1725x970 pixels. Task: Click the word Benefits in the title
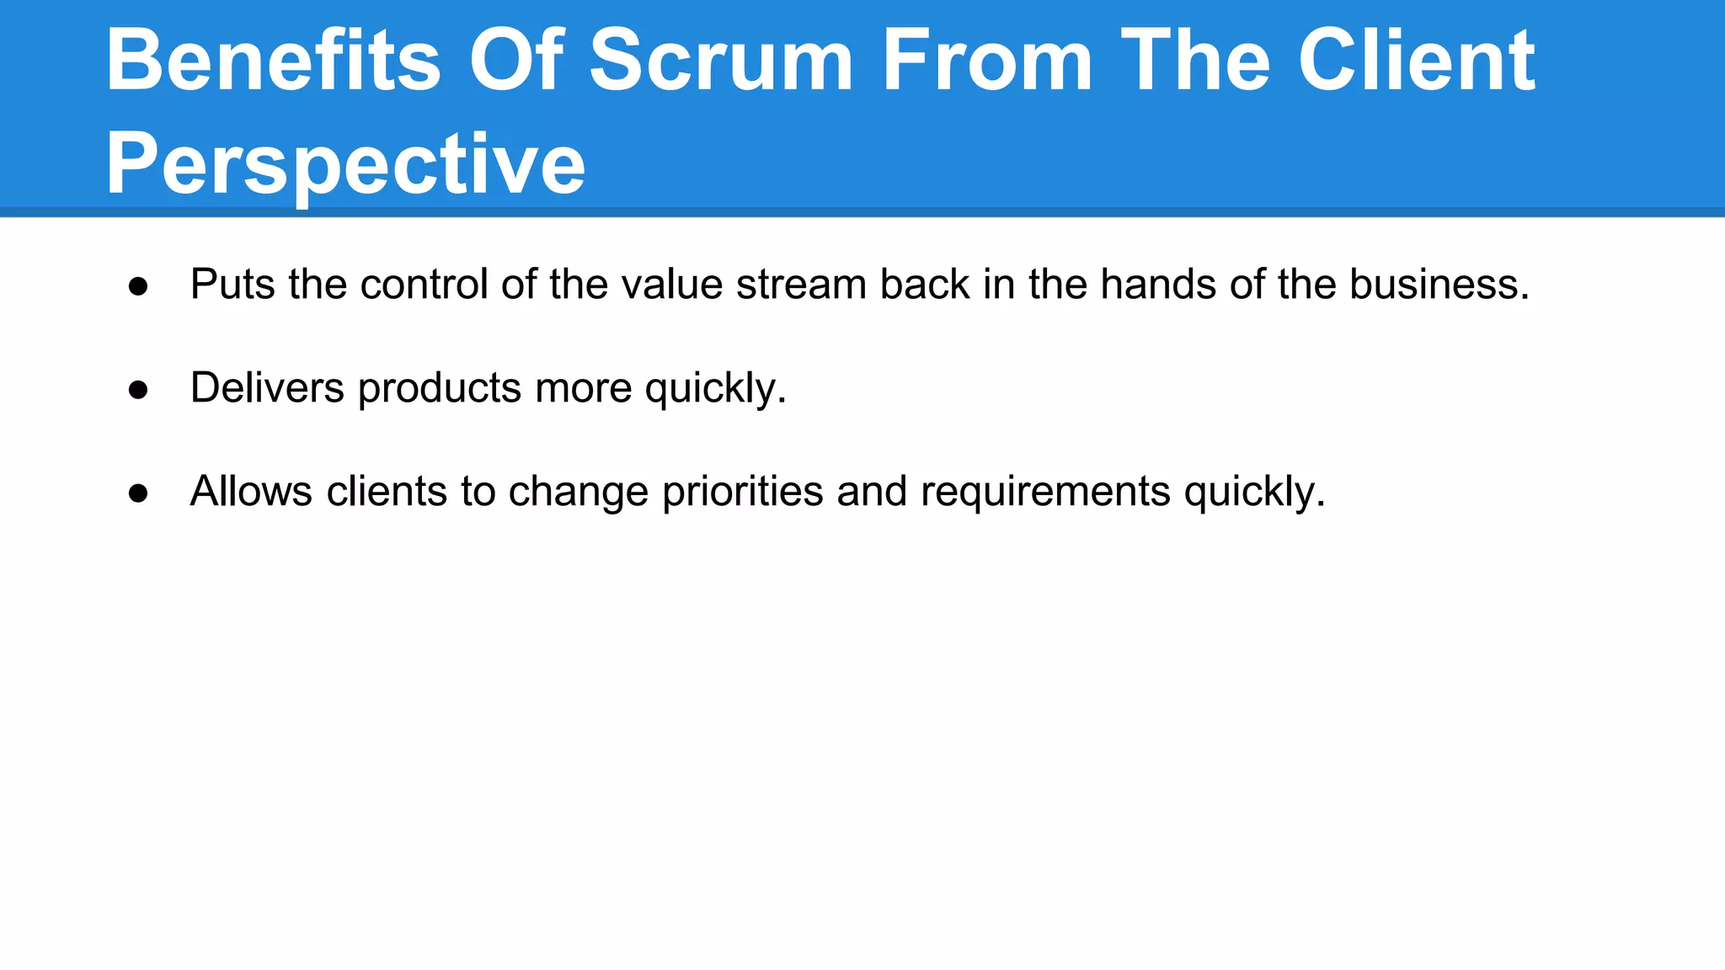pos(273,61)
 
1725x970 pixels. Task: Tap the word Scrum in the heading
pos(721,61)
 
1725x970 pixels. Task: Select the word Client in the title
pos(1417,61)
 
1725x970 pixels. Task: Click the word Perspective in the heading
pos(345,164)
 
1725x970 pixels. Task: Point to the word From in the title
pos(987,61)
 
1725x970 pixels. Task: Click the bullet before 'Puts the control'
pos(138,286)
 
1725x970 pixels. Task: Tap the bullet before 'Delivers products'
pos(138,390)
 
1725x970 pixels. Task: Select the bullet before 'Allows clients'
pos(138,493)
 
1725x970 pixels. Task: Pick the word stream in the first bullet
pos(801,285)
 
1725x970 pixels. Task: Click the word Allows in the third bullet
pos(251,492)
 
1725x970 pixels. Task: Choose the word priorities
pos(742,492)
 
